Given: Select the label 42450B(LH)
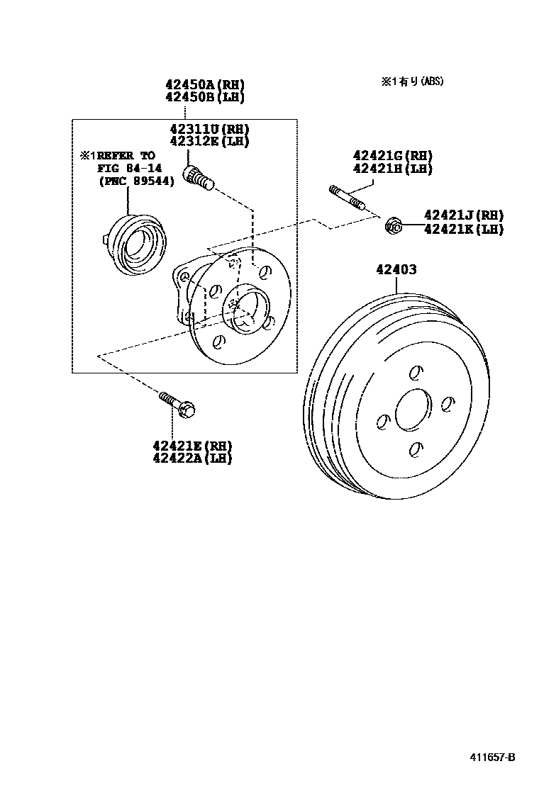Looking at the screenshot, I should point(204,97).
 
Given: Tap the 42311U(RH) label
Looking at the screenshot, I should point(209,129).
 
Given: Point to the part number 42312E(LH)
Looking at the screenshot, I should point(209,141).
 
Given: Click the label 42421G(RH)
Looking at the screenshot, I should point(392,156).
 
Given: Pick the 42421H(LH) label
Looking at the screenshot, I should point(392,169).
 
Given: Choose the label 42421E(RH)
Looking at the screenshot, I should point(191,446).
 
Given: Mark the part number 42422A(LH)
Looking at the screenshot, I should point(191,458).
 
